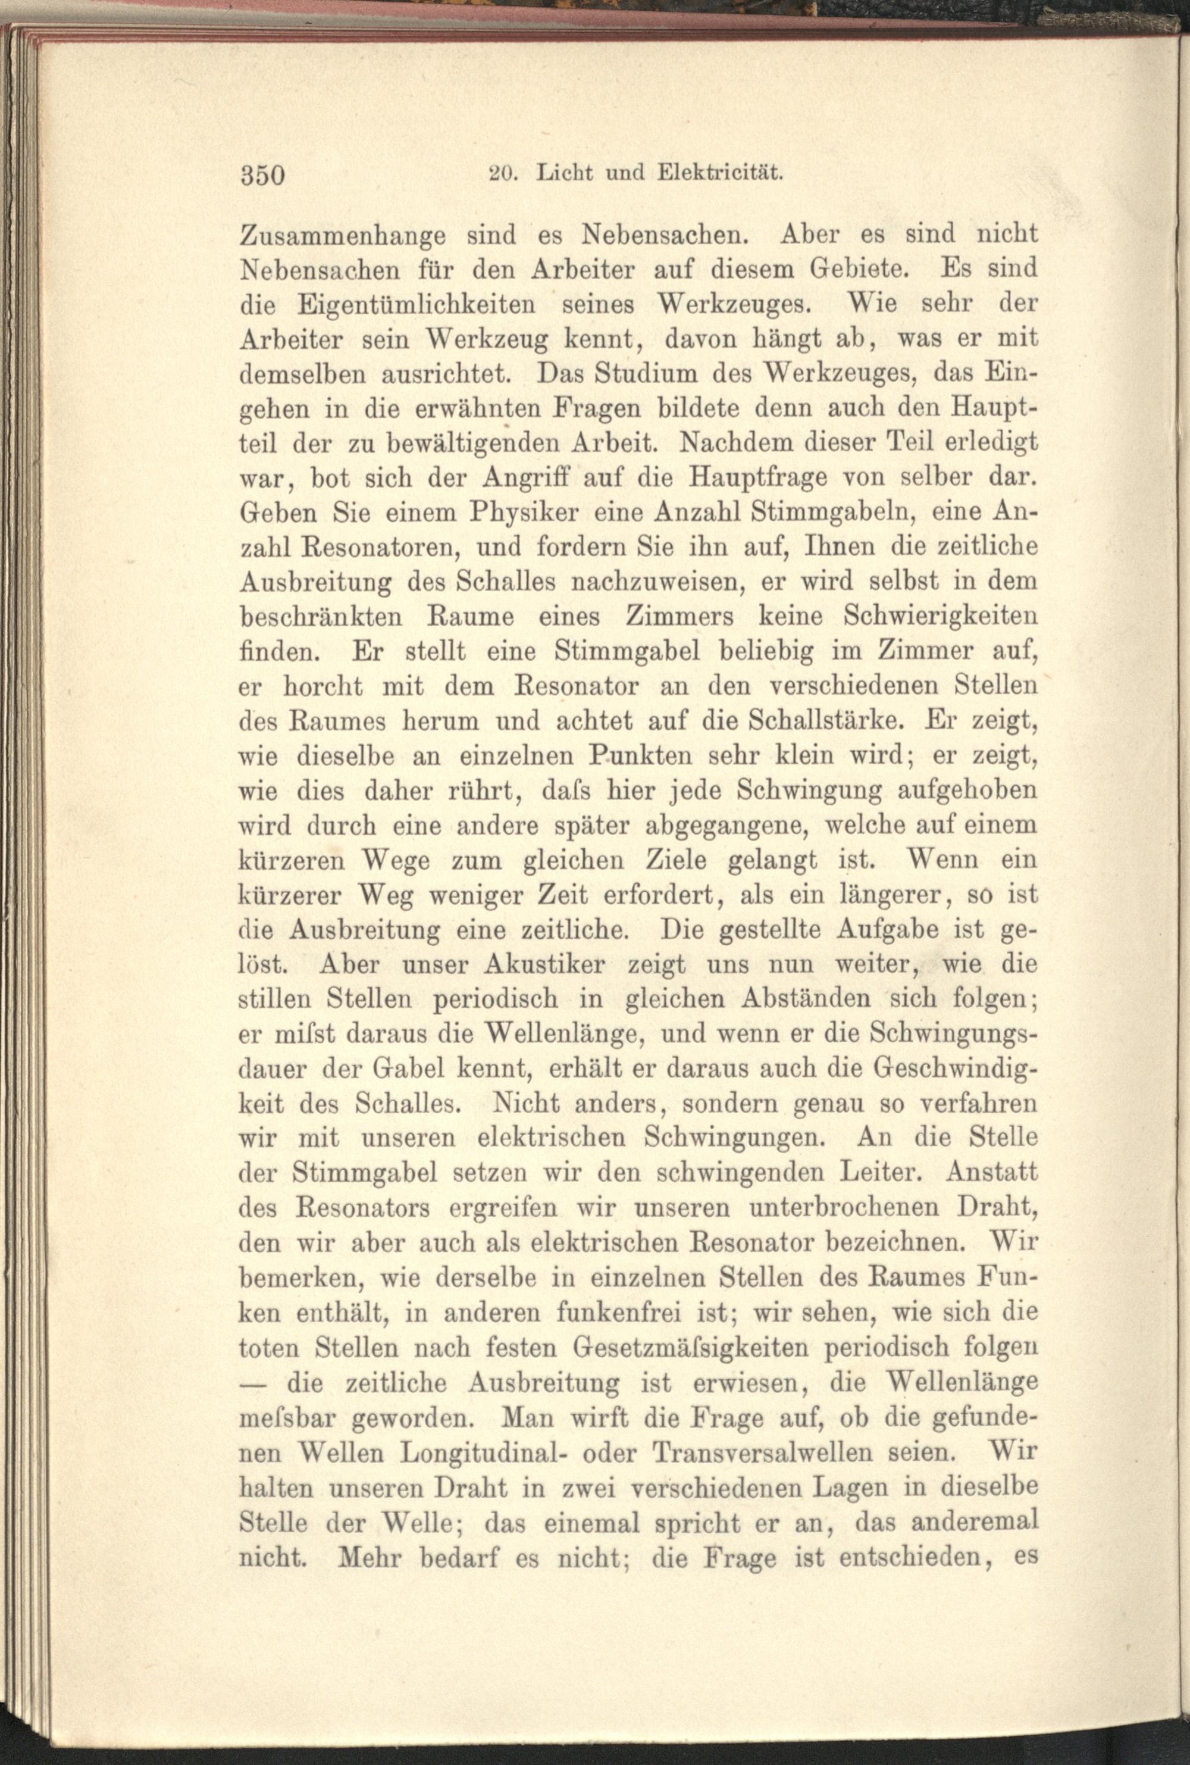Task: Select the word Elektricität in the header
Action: point(719,173)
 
